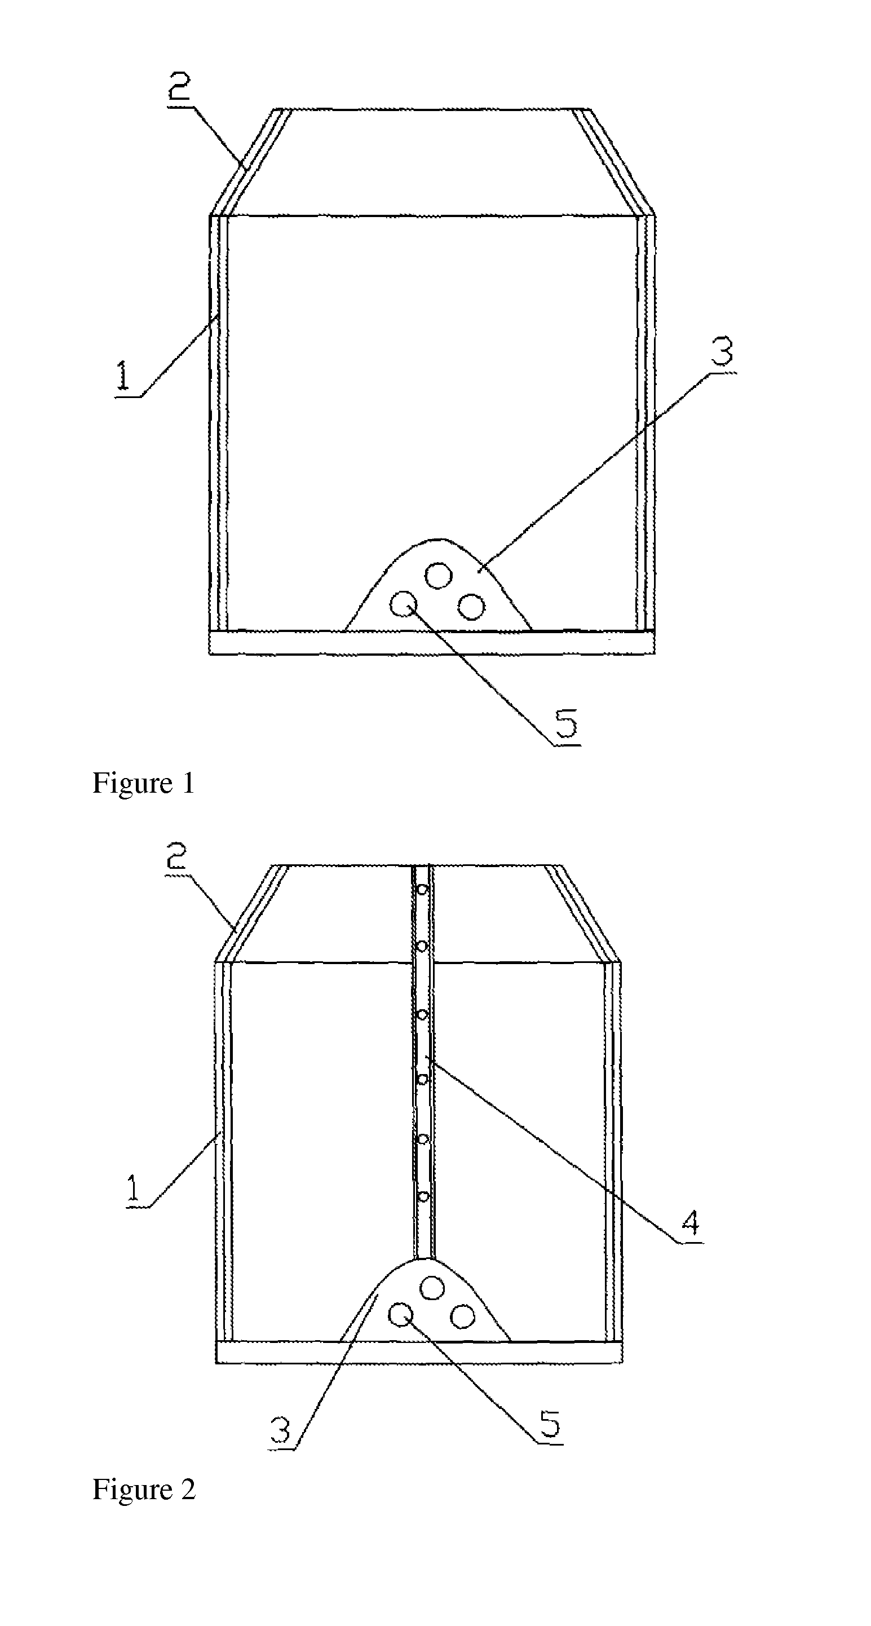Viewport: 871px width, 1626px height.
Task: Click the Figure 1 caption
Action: (x=143, y=783)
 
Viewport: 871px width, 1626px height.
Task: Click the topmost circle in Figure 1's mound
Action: (x=438, y=576)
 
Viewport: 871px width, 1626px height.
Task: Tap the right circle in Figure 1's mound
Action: (x=471, y=607)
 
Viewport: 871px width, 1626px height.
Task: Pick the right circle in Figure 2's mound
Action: (x=463, y=1316)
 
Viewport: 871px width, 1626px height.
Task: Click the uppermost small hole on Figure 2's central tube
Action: (x=422, y=891)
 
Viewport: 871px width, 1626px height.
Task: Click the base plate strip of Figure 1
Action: (x=432, y=643)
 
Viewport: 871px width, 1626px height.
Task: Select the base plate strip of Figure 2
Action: (x=419, y=1353)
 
